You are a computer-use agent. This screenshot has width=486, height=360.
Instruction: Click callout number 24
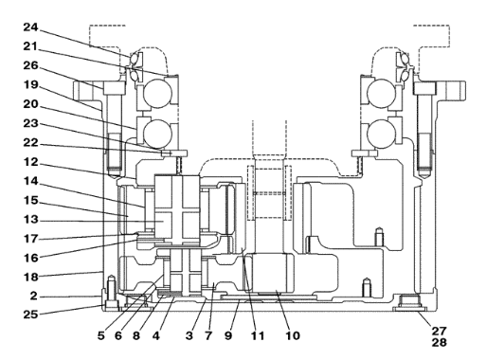(x=30, y=27)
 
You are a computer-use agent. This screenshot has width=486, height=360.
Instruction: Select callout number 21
(x=30, y=46)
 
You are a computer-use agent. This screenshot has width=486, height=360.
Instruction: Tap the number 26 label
(x=30, y=66)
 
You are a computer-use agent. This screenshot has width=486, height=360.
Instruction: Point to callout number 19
(x=30, y=85)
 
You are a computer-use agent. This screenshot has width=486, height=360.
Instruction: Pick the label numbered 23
(x=30, y=124)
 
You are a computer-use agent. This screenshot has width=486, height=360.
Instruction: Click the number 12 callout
(x=30, y=162)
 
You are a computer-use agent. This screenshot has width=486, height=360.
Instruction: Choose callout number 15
(x=30, y=201)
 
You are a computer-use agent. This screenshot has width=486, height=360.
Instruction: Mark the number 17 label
(x=30, y=239)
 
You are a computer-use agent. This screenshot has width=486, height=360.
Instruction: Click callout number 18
(x=30, y=278)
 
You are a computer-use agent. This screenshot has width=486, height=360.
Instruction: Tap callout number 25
(x=30, y=315)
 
